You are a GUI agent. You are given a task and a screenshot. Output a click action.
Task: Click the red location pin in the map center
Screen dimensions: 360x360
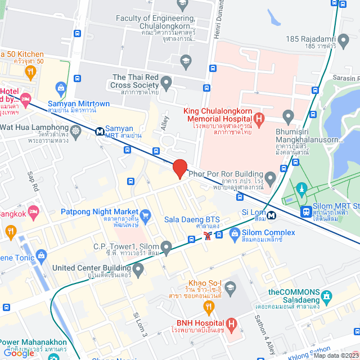pos(179,169)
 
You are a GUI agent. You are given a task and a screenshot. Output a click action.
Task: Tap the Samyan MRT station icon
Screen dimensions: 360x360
pos(99,131)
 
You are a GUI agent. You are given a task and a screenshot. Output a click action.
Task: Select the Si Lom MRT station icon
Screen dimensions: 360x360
pos(272,214)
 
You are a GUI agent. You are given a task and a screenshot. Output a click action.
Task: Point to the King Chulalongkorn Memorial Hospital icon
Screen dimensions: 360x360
pos(259,119)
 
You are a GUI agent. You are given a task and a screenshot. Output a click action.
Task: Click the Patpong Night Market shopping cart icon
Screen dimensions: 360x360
pos(146,214)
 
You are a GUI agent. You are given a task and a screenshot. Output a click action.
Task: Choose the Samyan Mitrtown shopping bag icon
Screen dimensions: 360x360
pos(61,87)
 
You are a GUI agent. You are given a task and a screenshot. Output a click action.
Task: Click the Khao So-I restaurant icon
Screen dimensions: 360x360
pos(209,308)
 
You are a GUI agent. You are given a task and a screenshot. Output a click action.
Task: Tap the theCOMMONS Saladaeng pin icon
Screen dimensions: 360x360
pos(325,295)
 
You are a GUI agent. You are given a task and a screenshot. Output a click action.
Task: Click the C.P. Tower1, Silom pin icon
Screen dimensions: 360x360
pos(166,247)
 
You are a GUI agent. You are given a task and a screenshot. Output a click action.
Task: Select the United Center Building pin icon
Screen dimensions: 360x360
pos(138,269)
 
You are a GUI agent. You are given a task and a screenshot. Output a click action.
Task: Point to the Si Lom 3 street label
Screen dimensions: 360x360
pos(139,325)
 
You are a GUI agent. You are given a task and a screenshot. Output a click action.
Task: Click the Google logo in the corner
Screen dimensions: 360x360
pos(19,353)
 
